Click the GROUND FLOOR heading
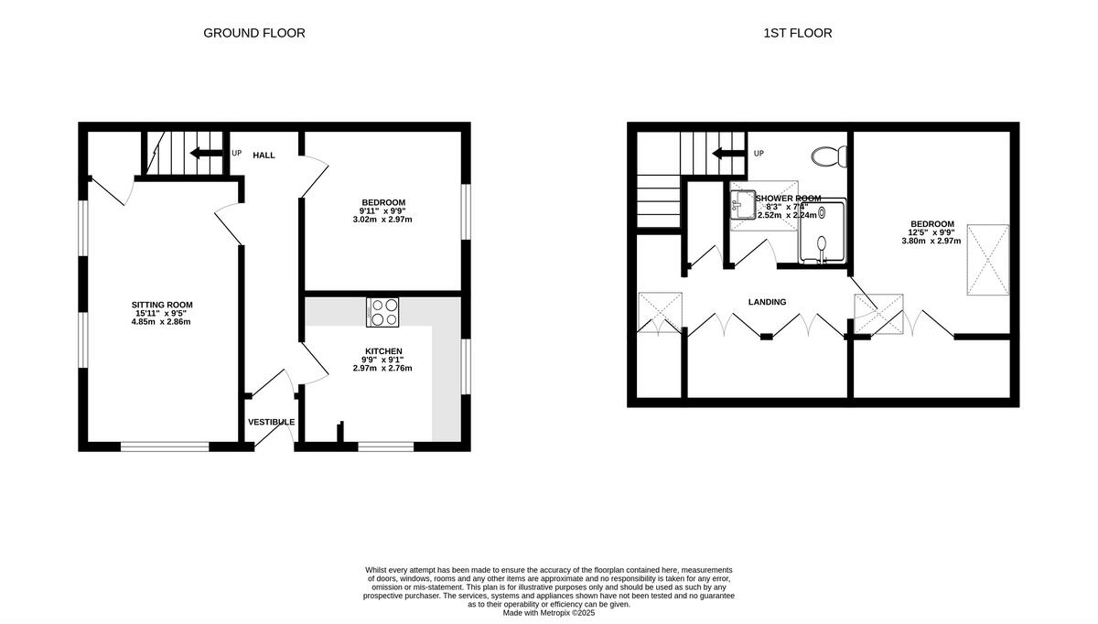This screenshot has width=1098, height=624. coord(253,33)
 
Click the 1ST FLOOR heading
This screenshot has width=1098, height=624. coord(797,33)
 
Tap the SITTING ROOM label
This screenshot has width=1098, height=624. coord(162,305)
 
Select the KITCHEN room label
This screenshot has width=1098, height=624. coord(383,351)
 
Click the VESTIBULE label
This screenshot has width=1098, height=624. coord(271,422)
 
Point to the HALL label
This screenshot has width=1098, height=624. coord(264,156)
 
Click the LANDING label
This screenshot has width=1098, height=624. coord(767,302)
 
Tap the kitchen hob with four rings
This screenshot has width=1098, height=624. coord(382,312)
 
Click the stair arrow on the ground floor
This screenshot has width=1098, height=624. coord(206,153)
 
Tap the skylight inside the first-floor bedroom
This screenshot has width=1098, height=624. coord(988,260)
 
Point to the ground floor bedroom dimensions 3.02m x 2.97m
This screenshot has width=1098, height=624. coord(382,220)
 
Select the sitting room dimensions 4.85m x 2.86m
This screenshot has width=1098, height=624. coord(162,322)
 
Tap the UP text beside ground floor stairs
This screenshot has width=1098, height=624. coord(236,153)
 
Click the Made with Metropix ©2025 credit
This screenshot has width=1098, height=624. coord(549,613)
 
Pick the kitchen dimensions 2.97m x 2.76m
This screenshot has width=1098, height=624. coord(382,369)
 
